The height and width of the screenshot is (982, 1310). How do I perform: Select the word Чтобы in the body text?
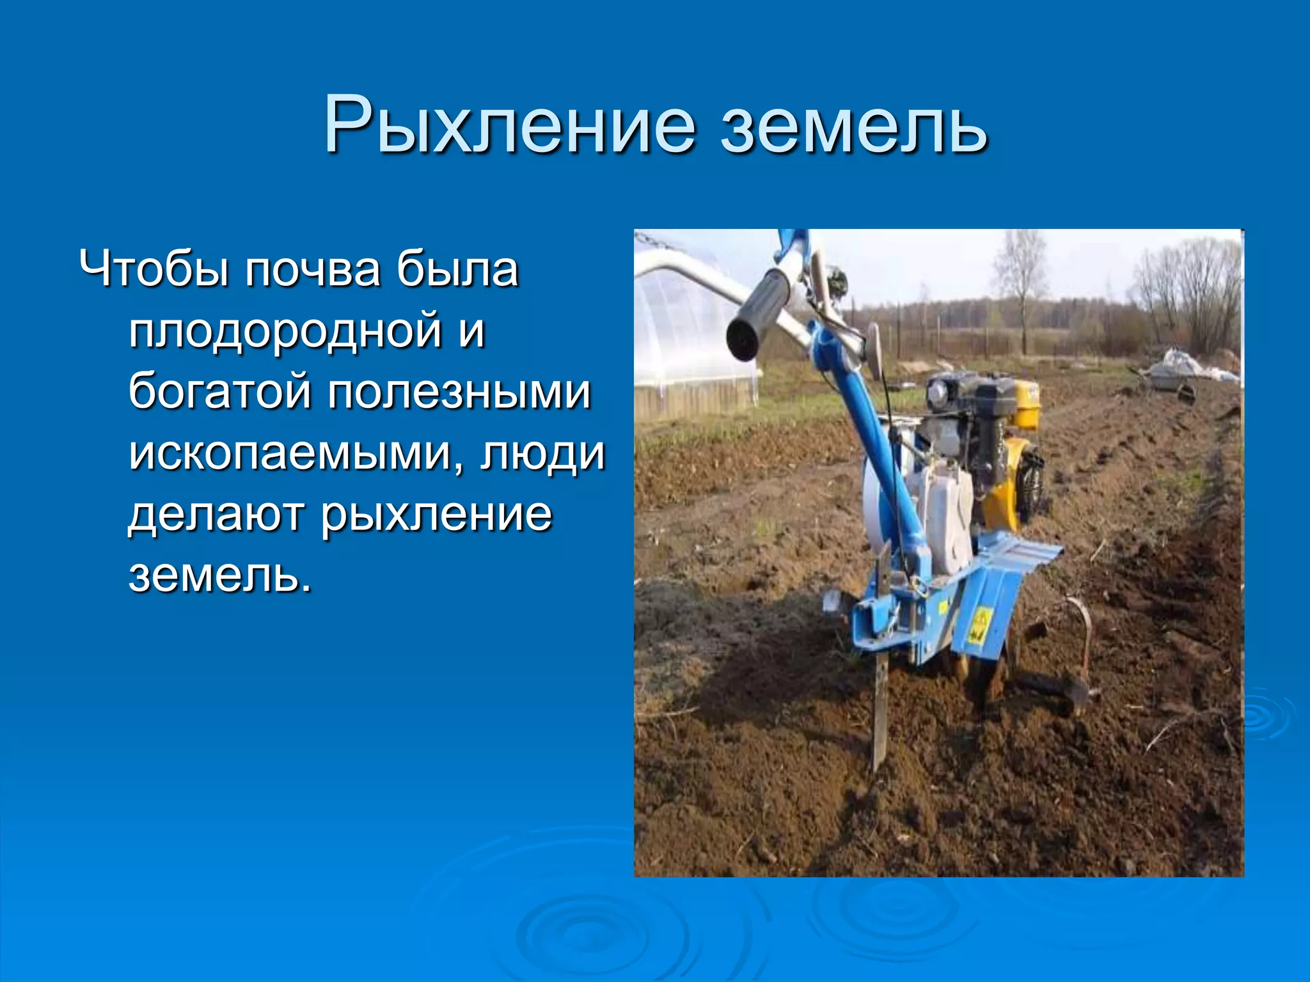(154, 270)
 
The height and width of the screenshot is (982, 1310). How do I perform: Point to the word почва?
(313, 270)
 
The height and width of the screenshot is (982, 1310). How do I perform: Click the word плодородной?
(285, 331)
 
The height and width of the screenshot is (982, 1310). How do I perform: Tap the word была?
(457, 270)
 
